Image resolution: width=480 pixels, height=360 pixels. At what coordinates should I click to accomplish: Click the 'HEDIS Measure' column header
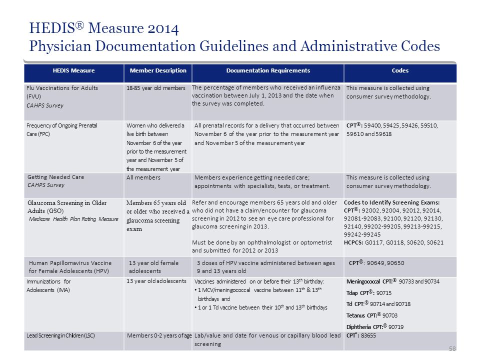[x=73, y=70]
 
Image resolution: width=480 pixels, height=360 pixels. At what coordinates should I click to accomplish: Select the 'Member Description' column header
[x=158, y=70]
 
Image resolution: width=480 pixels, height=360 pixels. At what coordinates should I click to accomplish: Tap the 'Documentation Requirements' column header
[x=268, y=70]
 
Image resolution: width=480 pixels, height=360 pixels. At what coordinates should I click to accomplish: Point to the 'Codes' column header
[x=400, y=70]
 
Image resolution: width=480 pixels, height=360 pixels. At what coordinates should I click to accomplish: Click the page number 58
[x=452, y=348]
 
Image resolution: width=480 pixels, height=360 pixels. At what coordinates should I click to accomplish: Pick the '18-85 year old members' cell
[x=156, y=88]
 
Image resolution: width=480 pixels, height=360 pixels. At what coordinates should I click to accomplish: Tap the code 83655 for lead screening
[x=368, y=335]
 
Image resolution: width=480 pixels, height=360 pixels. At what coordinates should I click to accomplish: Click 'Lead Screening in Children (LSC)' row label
[x=60, y=335]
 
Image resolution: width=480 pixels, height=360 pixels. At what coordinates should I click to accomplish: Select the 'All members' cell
[x=143, y=177]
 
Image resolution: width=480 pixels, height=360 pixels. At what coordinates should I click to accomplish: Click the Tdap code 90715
[x=384, y=293]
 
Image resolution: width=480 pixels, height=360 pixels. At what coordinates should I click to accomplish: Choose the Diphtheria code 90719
[x=396, y=327]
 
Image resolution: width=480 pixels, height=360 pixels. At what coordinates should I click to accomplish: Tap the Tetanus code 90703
[x=389, y=315]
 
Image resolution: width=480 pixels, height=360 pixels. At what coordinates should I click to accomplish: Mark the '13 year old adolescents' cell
[x=156, y=281]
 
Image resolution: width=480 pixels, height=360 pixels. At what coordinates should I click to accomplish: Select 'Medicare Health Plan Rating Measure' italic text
[x=73, y=219]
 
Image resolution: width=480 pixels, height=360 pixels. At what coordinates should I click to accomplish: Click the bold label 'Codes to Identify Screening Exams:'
[x=392, y=202]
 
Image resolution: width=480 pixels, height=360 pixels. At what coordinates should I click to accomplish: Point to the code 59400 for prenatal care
[x=372, y=125]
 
